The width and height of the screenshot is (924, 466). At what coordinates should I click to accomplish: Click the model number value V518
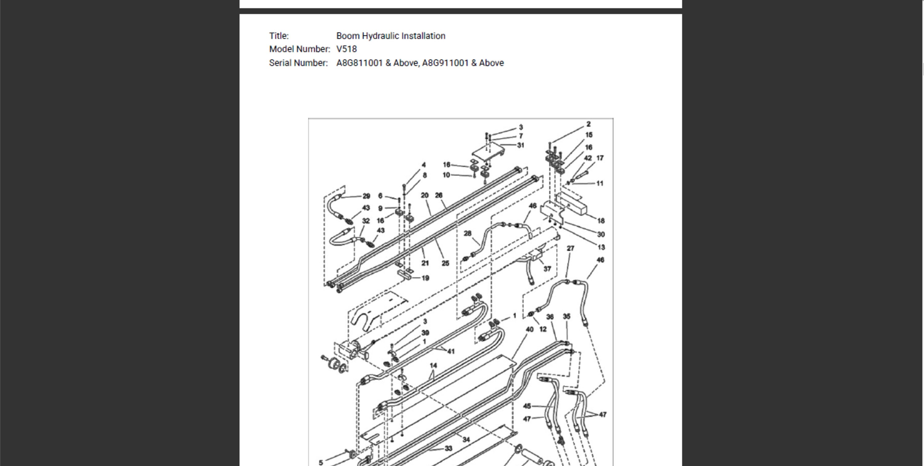(x=346, y=49)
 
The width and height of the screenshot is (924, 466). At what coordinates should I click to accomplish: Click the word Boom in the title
(x=347, y=36)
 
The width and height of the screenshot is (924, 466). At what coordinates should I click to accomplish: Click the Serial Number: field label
(x=298, y=63)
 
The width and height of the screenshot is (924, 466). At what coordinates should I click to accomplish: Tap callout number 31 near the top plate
(x=521, y=145)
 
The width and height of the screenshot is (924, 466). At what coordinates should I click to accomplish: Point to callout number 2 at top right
(x=588, y=124)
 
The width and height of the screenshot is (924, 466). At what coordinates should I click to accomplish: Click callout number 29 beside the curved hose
(x=366, y=196)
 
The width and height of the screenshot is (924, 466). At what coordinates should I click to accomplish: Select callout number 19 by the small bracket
(x=425, y=278)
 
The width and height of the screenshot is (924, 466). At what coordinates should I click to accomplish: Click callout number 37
(x=547, y=269)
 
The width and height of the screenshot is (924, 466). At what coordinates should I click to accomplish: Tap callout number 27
(x=570, y=248)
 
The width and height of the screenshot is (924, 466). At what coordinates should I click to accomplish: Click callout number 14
(x=433, y=366)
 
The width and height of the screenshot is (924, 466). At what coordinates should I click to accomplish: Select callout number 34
(x=466, y=440)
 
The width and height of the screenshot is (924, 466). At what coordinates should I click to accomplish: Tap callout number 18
(x=601, y=221)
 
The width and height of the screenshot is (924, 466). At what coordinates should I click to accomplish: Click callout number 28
(x=467, y=234)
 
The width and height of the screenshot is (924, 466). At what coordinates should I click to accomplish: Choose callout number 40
(x=529, y=329)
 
